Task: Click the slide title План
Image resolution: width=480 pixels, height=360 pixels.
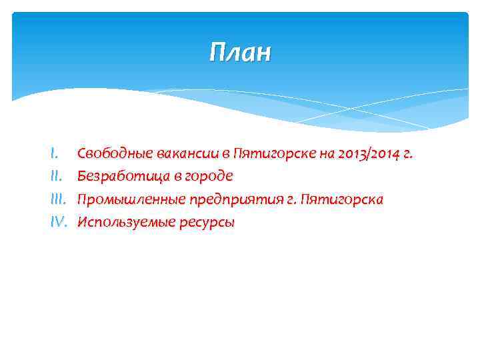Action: [x=239, y=52]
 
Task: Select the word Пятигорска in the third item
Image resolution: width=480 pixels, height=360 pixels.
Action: [x=343, y=199]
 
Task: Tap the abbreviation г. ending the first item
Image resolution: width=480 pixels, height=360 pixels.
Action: [x=409, y=155]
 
